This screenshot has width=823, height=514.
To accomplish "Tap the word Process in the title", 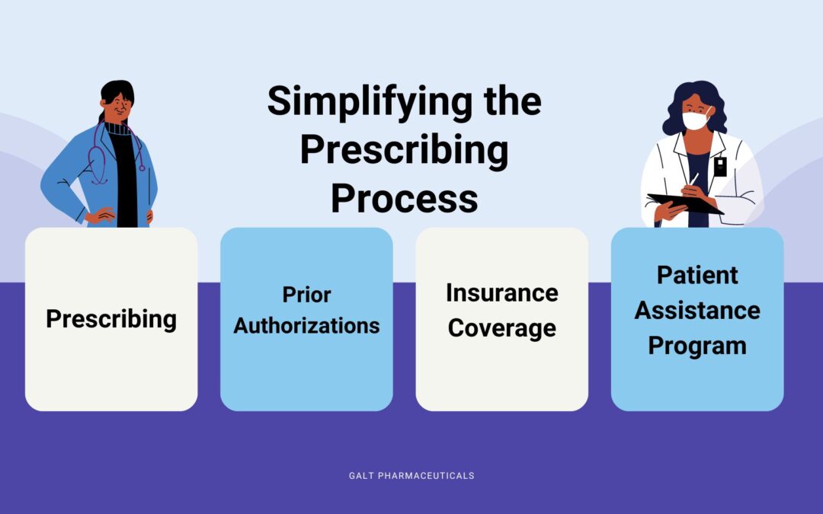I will (404, 198).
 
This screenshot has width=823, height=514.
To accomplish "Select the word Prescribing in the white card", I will (111, 318).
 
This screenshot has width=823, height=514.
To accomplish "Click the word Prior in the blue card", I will (306, 294).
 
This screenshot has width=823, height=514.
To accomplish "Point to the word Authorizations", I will (306, 326).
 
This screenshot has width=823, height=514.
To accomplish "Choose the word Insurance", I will (501, 292).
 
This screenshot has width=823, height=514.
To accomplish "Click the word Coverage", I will (501, 328).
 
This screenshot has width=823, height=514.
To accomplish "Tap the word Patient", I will (697, 275).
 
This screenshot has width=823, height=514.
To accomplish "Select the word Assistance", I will (697, 310).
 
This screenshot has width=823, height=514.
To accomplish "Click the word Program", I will (697, 346).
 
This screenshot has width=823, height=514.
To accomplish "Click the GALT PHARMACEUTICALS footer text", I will (411, 475).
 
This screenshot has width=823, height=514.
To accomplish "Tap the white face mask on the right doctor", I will (695, 120).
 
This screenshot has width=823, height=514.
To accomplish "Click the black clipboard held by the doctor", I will (684, 203).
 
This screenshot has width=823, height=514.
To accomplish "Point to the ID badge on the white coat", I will (720, 166).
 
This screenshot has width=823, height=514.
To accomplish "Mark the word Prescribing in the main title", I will (404, 150).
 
